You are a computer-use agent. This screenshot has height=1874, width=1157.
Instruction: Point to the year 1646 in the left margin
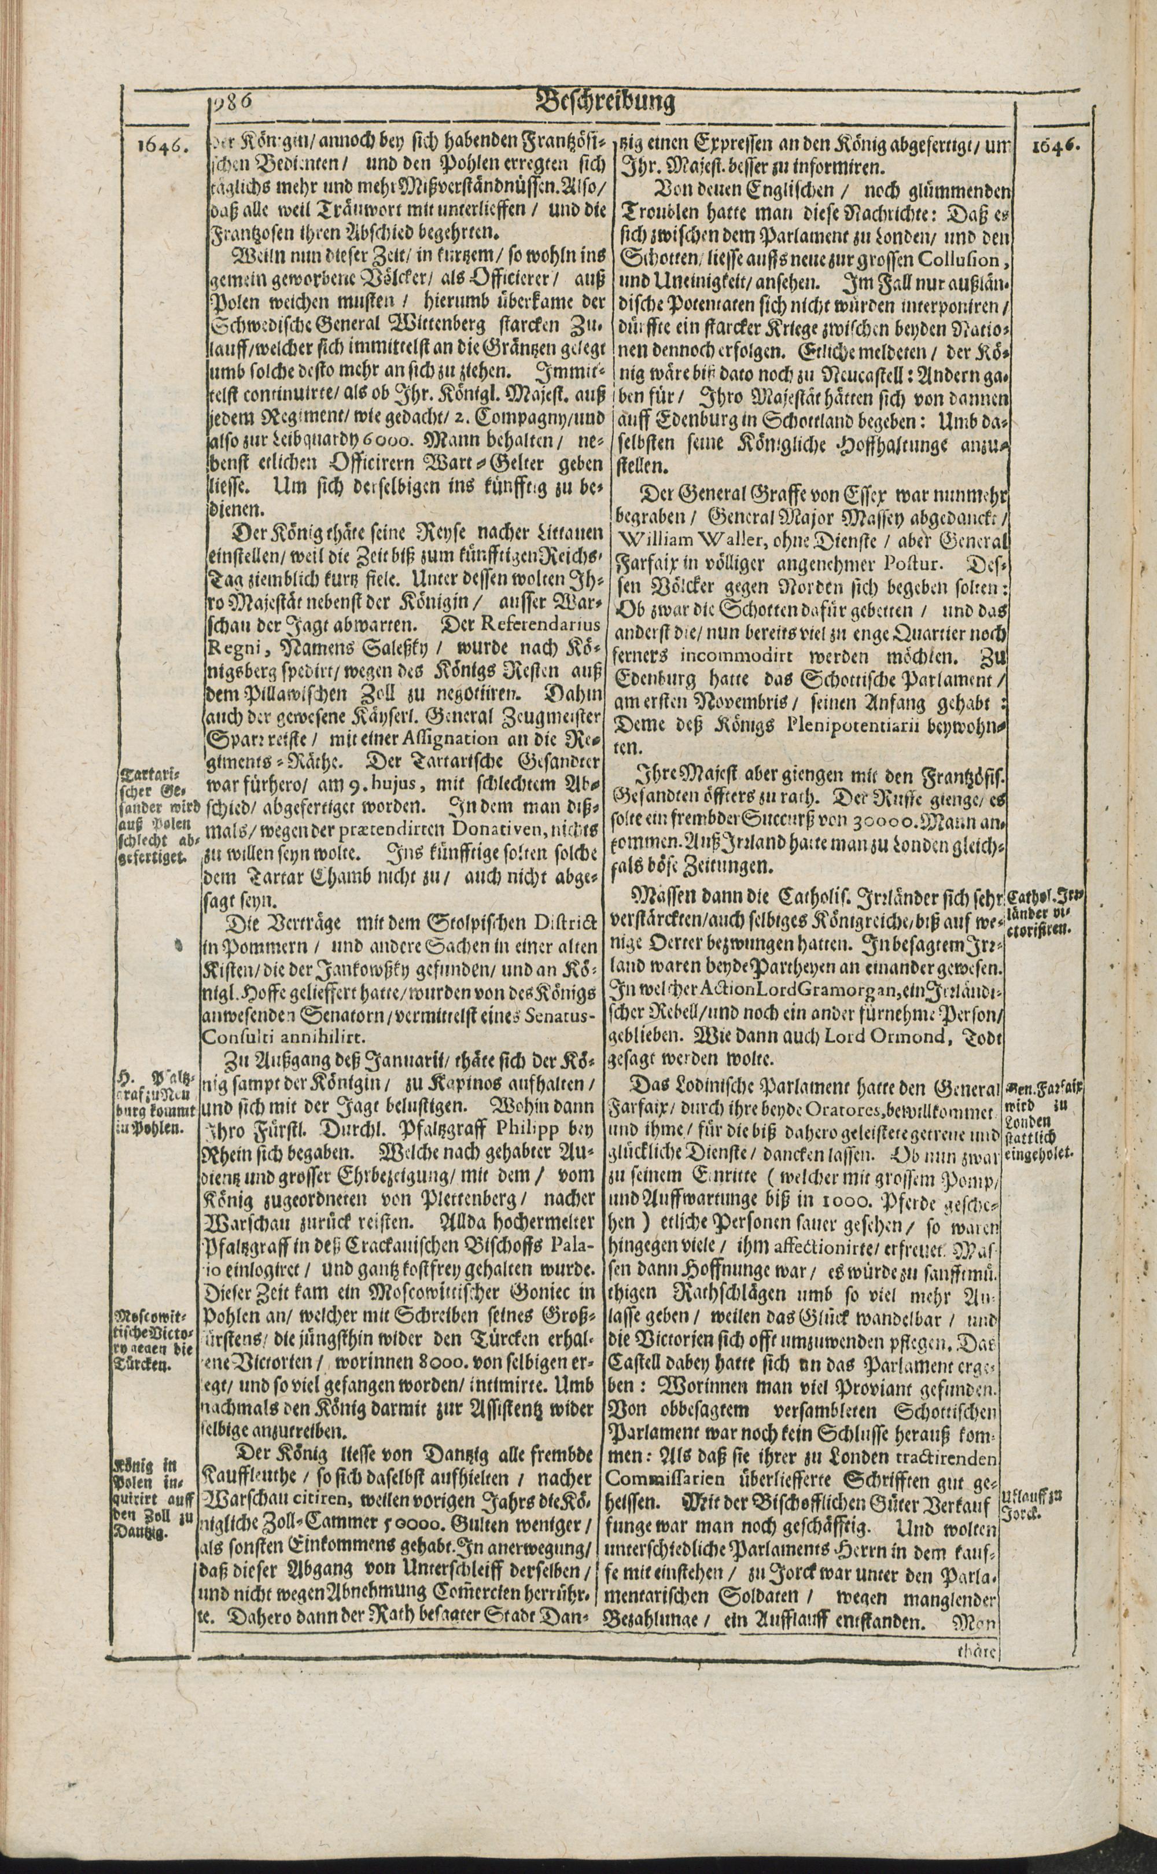[x=161, y=145]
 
